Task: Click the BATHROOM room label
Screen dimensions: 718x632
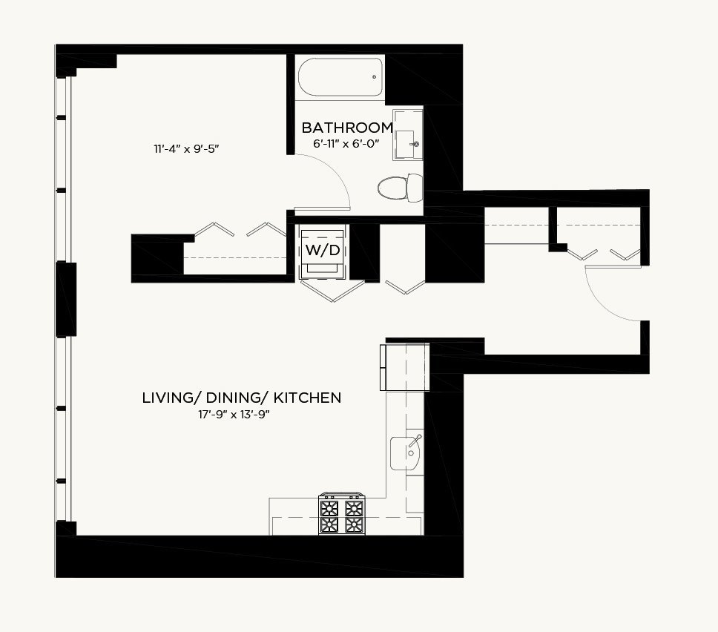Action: point(347,128)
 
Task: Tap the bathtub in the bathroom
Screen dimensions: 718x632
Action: point(340,77)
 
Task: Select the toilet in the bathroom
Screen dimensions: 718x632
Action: point(401,188)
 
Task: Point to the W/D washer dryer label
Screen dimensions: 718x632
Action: point(323,251)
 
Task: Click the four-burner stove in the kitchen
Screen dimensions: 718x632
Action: point(342,514)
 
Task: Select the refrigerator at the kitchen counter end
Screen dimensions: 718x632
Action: point(405,367)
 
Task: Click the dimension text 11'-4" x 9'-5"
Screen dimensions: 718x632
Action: point(186,149)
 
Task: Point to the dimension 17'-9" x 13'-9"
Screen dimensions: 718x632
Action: point(234,415)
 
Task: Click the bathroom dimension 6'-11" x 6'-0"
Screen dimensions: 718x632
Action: point(346,144)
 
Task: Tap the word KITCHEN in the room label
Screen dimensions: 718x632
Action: point(307,398)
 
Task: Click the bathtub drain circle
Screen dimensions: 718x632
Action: point(374,77)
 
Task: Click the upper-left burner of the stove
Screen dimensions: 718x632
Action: point(329,507)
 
